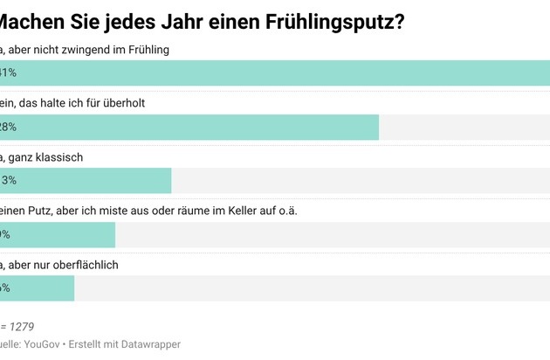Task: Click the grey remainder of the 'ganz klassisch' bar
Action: tap(358, 181)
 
